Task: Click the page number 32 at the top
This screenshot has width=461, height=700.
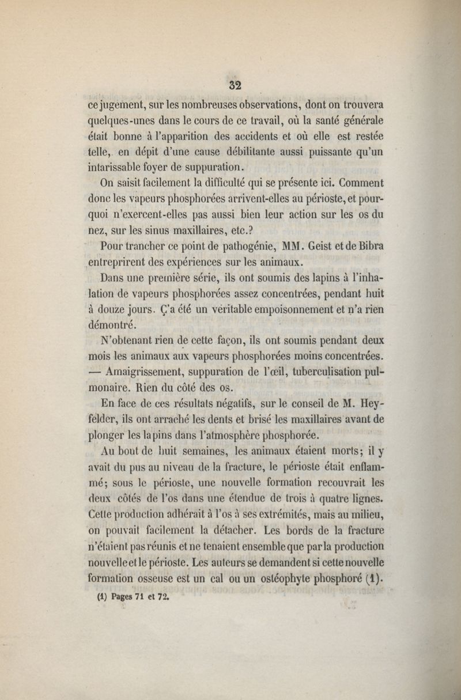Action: [235, 85]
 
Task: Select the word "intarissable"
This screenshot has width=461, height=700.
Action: [115, 168]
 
